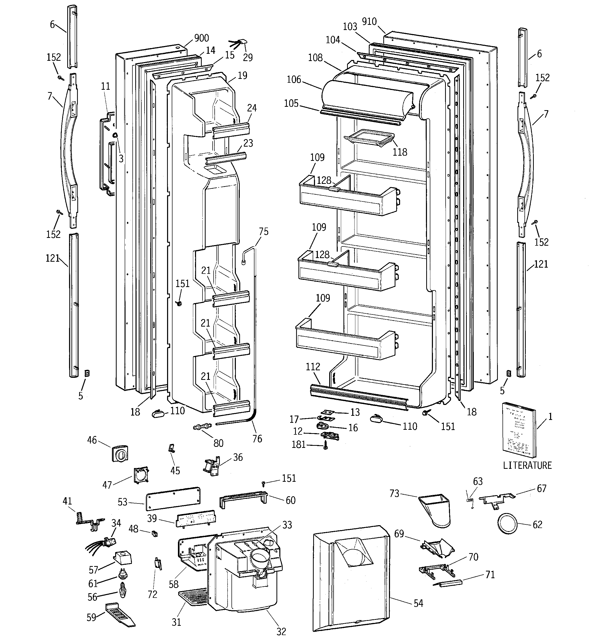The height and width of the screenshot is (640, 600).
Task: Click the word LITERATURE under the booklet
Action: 527,465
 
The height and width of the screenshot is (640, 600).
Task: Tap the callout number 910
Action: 369,21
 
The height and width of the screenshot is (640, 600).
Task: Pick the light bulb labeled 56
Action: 122,590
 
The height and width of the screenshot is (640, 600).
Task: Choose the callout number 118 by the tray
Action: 400,152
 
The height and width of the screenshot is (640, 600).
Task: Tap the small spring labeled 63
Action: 470,503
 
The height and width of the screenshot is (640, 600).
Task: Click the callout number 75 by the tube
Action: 264,231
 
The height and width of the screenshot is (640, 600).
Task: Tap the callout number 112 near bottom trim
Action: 313,367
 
